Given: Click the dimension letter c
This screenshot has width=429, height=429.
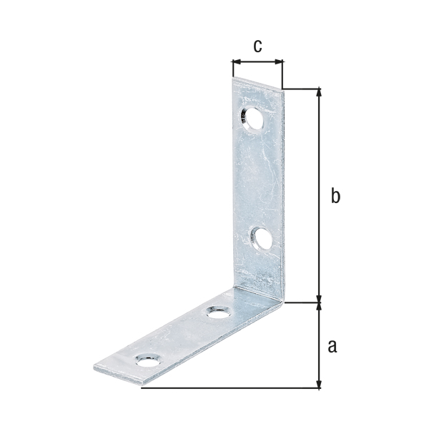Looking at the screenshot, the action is click(257, 46).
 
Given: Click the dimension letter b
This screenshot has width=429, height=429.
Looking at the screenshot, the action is click(335, 195).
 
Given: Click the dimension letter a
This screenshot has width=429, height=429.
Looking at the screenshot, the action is click(332, 346).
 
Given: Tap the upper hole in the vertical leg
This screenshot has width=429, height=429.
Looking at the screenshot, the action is click(252, 119).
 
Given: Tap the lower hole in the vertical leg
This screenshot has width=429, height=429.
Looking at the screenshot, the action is click(261, 239).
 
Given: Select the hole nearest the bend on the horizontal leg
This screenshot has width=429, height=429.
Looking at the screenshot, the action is click(218, 312).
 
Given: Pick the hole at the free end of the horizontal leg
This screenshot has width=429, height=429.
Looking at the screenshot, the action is click(148, 360).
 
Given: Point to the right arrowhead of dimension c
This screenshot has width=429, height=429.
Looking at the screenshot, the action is click(279, 61).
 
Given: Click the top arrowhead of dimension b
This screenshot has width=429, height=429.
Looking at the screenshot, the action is click(318, 92).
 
